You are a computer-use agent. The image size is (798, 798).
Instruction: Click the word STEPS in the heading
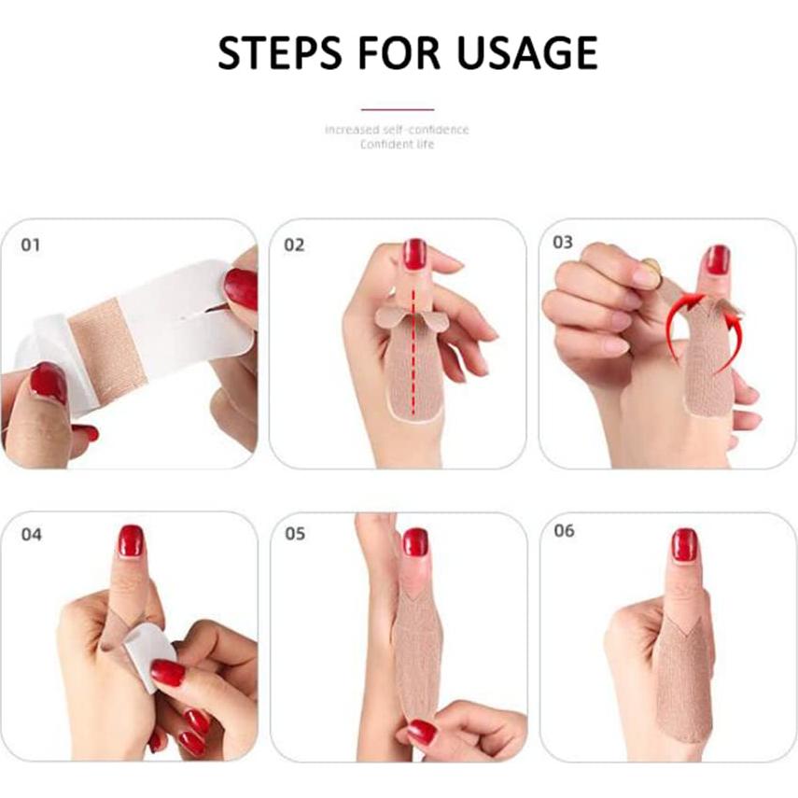tap(279, 52)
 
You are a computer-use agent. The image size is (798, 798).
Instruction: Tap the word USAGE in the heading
tap(526, 52)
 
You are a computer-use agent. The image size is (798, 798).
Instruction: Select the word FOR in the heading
tap(399, 52)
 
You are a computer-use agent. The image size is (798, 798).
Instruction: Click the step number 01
tap(30, 245)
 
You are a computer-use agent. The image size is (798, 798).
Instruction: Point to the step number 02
tap(294, 245)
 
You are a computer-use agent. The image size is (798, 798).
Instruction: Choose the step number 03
tap(563, 243)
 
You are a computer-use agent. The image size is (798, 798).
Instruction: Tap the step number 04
tap(31, 535)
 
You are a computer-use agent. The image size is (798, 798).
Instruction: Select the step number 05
tap(295, 533)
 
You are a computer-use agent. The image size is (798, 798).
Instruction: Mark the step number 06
tap(564, 531)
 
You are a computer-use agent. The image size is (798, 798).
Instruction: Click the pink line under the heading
tap(398, 109)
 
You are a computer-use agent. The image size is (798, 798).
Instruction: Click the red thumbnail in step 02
tap(414, 254)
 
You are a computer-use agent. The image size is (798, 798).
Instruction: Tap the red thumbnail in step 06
tap(684, 544)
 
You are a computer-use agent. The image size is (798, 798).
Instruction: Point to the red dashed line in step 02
tap(413, 351)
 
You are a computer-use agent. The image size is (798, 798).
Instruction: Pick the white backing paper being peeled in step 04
tap(151, 654)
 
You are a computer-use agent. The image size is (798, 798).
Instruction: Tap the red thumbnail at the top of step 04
tap(131, 541)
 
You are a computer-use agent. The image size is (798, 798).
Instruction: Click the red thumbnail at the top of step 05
tap(415, 542)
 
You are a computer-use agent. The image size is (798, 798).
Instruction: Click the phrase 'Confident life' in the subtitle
tap(398, 145)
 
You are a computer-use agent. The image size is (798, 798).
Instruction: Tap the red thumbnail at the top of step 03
tap(718, 259)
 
